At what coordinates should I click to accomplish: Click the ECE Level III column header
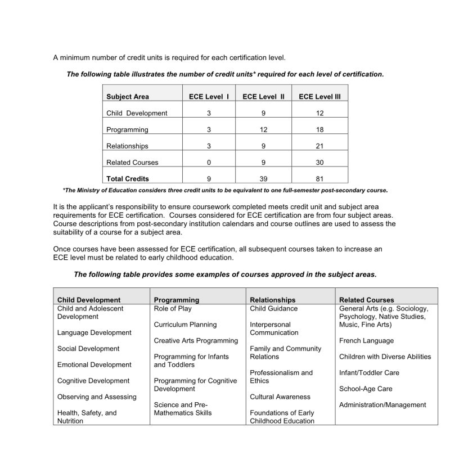319,97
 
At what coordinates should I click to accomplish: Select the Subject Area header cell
128,97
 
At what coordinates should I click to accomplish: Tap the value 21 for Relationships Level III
319,146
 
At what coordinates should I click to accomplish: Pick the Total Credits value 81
319,179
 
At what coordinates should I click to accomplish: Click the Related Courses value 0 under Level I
209,163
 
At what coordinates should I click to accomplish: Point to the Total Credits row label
128,179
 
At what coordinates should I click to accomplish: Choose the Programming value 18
319,130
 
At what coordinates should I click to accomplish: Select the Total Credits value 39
263,179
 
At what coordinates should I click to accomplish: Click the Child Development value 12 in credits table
319,113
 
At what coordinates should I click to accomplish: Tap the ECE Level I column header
209,97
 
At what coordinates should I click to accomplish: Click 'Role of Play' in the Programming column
173,309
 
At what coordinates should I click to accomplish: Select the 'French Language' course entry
366,341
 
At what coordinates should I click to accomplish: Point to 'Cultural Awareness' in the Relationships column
280,397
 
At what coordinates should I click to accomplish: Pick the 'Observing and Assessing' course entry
97,397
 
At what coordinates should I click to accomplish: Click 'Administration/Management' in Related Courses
382,405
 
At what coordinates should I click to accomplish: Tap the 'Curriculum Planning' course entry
185,325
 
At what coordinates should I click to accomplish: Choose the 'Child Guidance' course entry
273,309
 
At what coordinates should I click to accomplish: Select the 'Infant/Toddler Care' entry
369,373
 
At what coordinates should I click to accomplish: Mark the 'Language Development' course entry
94,333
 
